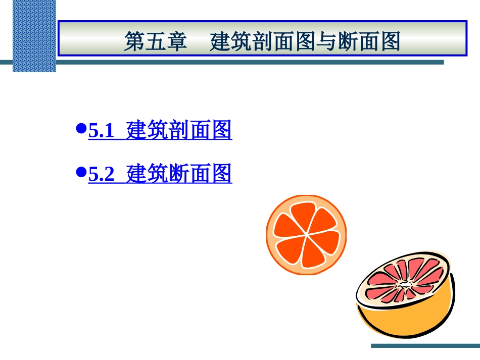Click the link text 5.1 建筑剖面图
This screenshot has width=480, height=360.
coord(160,131)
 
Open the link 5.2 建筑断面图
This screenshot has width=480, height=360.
coord(160,174)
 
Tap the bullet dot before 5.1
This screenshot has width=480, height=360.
coord(79,129)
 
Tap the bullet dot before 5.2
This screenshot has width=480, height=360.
coord(79,172)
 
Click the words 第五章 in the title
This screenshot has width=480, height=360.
coord(156,42)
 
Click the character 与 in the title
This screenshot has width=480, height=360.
coord(315,42)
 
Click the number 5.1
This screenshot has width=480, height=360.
coord(100,132)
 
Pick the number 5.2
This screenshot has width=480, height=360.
coord(100,175)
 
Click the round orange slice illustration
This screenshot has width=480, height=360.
coord(306,235)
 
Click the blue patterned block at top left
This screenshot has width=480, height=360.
coord(34,35)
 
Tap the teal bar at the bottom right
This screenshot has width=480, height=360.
coord(424,346)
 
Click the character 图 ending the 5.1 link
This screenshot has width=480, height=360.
coord(222,131)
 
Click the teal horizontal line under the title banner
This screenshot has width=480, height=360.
coord(253,63)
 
